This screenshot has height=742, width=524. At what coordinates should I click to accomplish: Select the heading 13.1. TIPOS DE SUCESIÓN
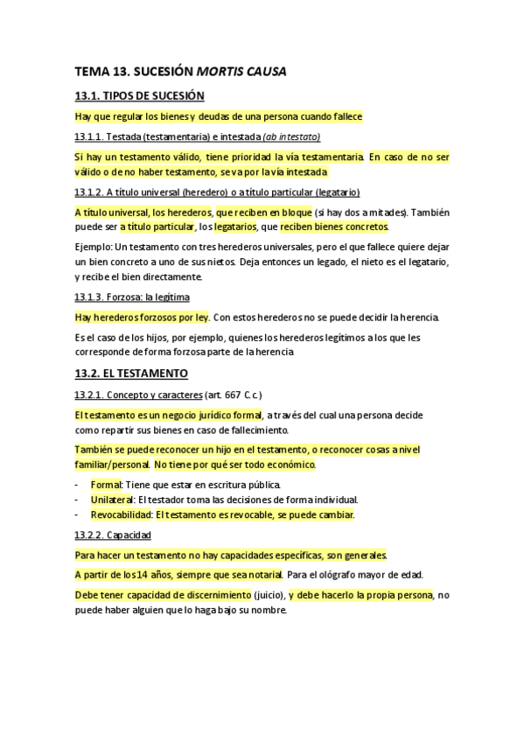pos(140,96)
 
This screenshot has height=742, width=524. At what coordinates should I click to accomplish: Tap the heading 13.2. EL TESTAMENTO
pos(131,374)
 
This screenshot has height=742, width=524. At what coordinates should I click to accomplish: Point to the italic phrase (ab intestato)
pos(291,136)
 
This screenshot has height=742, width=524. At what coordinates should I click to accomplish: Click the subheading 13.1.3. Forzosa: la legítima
pos(132,297)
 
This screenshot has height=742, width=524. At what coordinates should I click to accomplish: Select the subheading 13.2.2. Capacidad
pos(114,534)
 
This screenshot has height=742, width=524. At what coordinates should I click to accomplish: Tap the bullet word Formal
pos(106,484)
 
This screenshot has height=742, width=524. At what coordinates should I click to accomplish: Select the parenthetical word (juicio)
pos(262,595)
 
